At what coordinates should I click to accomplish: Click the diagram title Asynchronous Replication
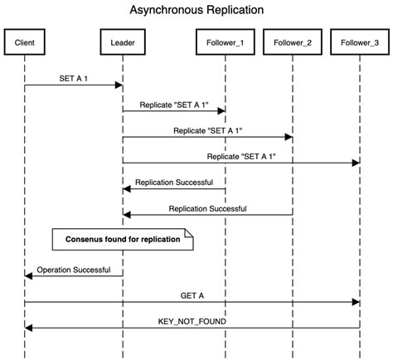196,11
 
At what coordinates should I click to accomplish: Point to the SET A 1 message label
74,77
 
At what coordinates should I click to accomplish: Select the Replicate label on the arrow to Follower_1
175,104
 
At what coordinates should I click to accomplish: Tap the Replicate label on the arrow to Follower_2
207,130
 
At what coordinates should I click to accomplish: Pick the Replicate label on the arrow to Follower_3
241,156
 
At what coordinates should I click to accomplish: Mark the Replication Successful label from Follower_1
174,182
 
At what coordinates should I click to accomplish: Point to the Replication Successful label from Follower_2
207,208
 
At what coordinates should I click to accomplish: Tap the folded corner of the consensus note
188,235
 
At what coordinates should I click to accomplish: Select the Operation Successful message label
75,269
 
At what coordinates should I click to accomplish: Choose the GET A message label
192,294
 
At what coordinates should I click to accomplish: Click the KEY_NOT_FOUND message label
192,321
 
